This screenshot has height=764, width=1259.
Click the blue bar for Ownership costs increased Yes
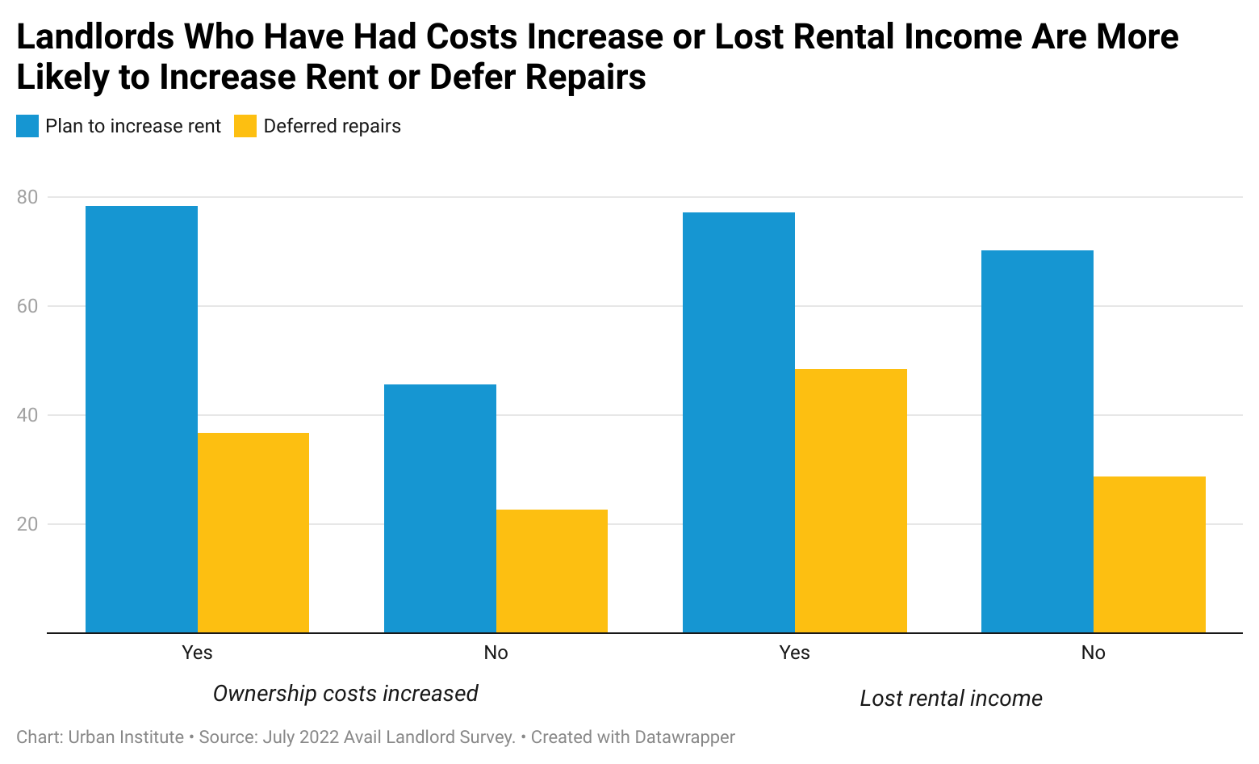(141, 419)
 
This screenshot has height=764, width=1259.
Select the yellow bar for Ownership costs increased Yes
(253, 533)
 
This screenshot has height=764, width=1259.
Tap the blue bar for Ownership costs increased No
(440, 509)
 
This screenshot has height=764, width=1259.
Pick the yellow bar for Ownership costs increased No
(552, 571)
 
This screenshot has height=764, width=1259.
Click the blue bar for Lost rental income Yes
(738, 422)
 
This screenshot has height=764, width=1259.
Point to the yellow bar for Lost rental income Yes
(851, 501)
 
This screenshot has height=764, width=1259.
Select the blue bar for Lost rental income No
(1037, 442)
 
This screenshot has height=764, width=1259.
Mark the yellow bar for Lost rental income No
(1149, 555)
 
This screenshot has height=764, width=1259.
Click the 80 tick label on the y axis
(27, 197)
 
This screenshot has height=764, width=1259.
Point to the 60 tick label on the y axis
(27, 306)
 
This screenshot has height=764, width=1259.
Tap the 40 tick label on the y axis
(27, 415)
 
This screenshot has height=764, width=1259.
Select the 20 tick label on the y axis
(27, 524)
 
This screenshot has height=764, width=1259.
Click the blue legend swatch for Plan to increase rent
(27, 126)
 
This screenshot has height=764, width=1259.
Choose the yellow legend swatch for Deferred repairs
(245, 126)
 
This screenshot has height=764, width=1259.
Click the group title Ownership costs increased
(345, 694)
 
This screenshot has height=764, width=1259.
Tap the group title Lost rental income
(951, 699)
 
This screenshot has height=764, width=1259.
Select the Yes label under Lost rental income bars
(794, 653)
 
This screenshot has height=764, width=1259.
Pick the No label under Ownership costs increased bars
(496, 653)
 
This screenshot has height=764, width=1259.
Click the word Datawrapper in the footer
(684, 737)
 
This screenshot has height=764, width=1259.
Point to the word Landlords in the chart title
(95, 37)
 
